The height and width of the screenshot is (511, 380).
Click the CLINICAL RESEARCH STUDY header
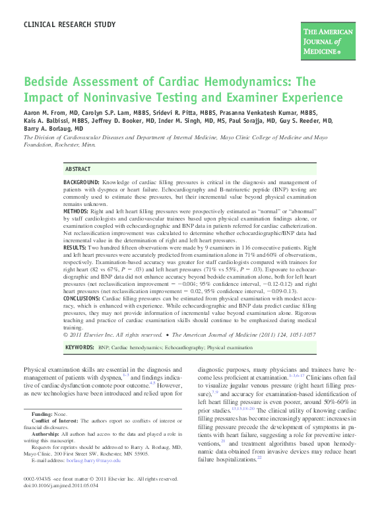(x=69, y=24)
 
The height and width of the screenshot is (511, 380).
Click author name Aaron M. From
(x=50, y=113)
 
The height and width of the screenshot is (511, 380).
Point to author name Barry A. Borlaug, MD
(x=55, y=129)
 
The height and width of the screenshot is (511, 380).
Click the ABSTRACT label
(x=79, y=169)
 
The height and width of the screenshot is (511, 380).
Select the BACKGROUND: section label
(x=82, y=182)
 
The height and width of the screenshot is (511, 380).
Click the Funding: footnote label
(x=43, y=414)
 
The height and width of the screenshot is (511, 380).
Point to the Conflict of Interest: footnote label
(x=59, y=420)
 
